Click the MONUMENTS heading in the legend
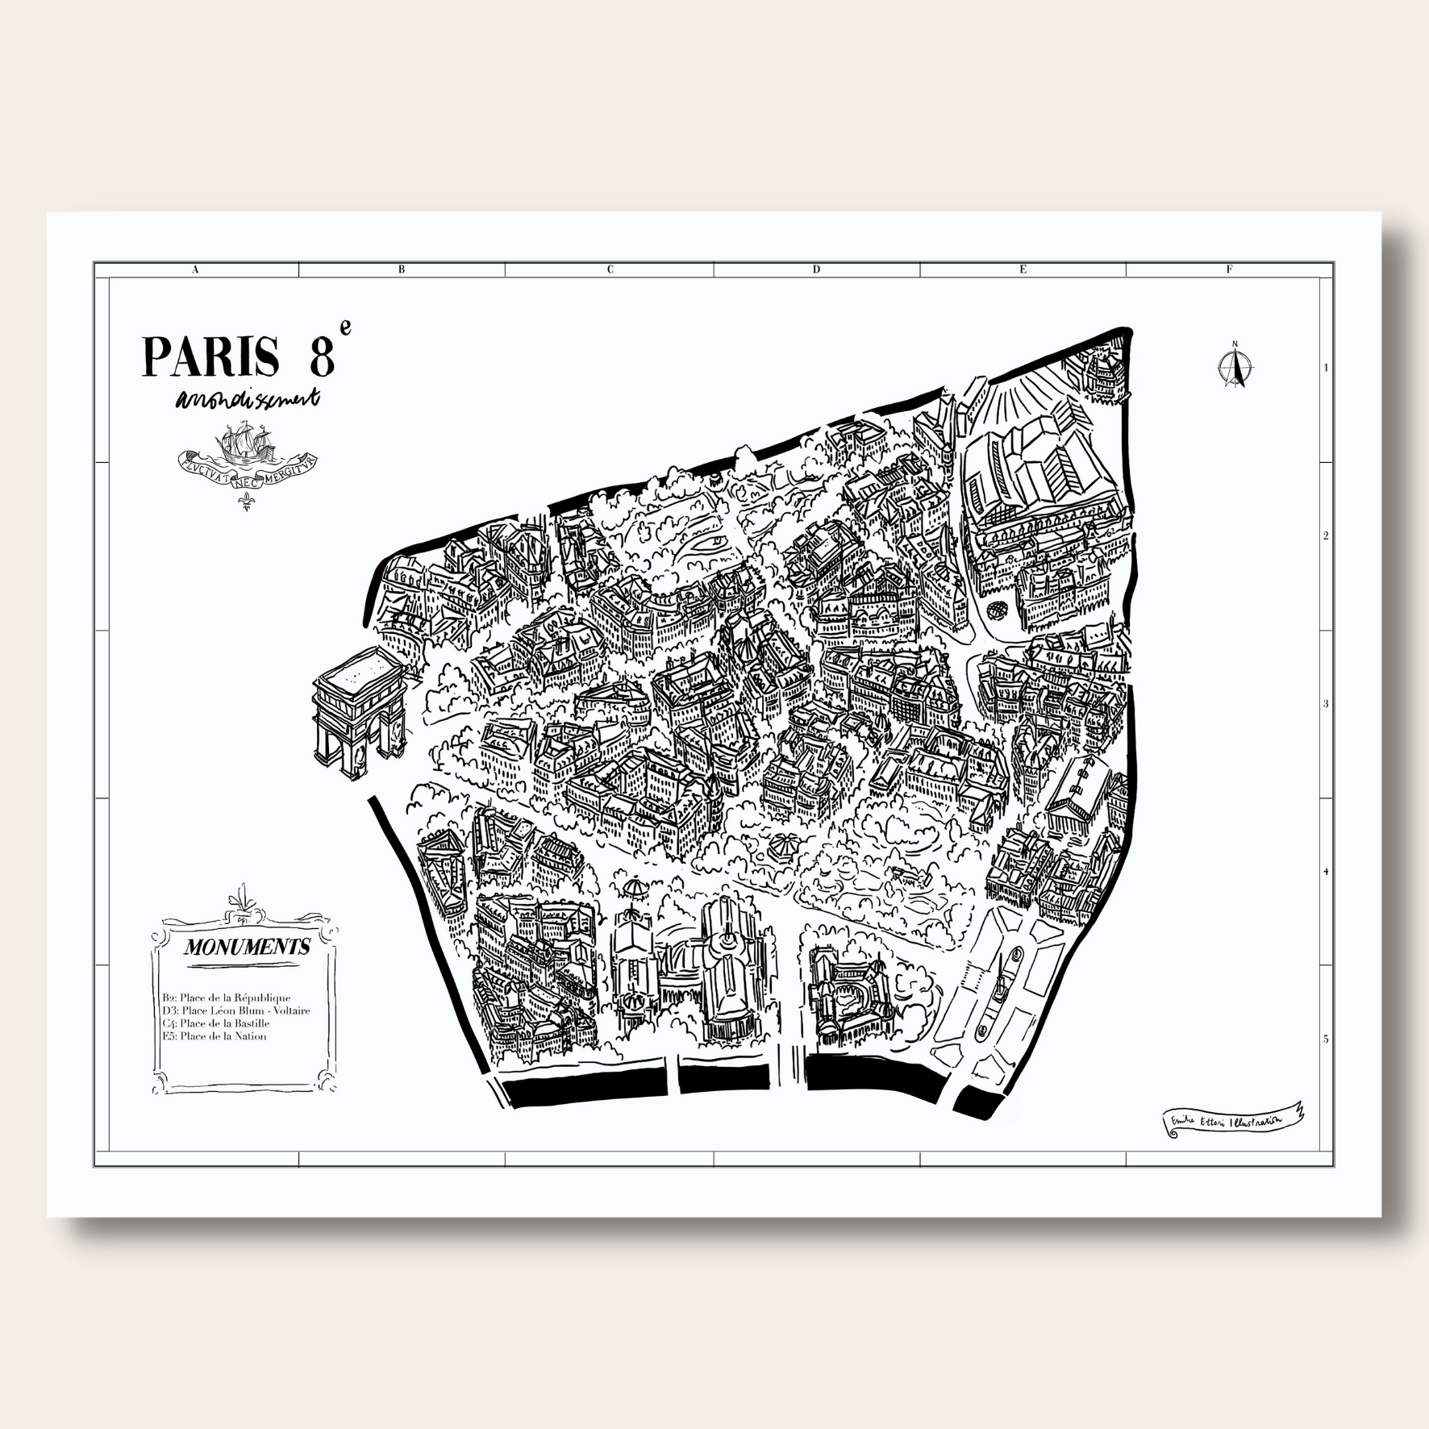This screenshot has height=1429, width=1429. click(247, 947)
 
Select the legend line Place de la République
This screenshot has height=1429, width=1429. click(226, 998)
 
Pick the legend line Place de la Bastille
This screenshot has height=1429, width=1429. click(215, 1023)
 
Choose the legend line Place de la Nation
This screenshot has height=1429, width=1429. click(214, 1036)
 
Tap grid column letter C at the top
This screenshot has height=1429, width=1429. click(610, 270)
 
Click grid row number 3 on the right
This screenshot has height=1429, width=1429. click(1325, 704)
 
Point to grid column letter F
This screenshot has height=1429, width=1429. click(1229, 270)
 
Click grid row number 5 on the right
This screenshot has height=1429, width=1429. click(1325, 1039)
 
